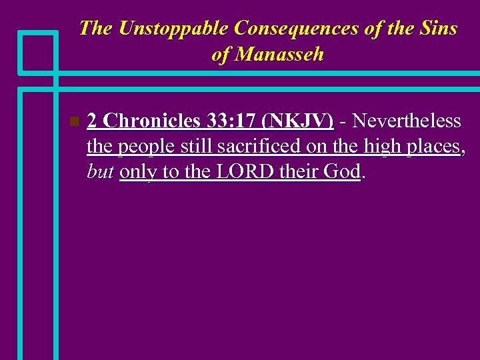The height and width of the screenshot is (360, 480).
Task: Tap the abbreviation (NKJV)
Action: pos(298,121)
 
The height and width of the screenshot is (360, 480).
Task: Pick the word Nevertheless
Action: pos(407,121)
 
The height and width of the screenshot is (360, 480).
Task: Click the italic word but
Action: pos(99,171)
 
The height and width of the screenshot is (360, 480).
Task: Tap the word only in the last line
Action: pos(139,171)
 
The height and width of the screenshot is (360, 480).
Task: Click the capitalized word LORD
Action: pos(239,171)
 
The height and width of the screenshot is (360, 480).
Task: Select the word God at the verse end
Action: pos(341,171)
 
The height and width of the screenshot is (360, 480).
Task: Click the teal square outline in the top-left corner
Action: pos(39,51)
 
